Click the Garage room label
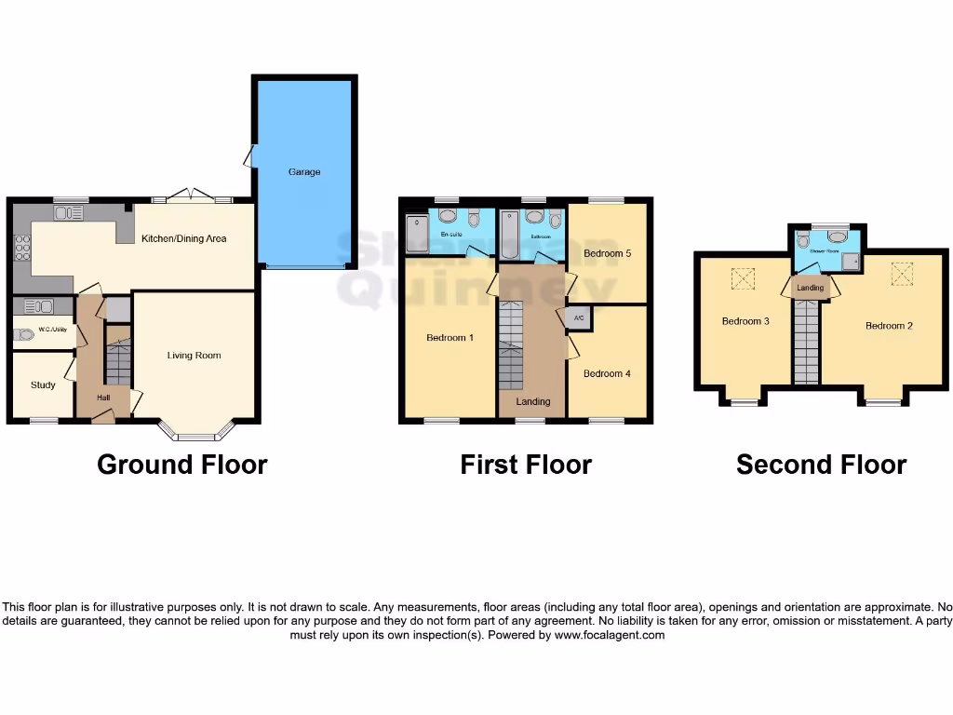pos(304,172)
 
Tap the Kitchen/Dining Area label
pos(183,239)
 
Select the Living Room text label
pos(195,356)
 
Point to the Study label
pos(43,384)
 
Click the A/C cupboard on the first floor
pos(578,318)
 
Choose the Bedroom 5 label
pos(607,253)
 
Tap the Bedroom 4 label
pos(607,373)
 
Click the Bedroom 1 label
pos(450,338)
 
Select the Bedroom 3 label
pos(745,322)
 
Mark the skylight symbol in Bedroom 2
pos(901,273)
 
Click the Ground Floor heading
pos(182,465)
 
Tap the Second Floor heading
pos(821,465)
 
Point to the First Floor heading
pos(526,465)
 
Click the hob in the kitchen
pos(21,248)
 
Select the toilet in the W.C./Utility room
pos(24,334)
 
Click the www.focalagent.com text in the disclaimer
pos(610,635)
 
